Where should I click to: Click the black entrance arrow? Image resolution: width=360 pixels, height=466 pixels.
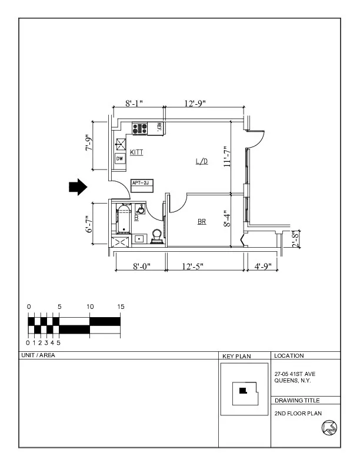[78, 187]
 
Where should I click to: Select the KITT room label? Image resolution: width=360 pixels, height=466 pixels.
[136, 152]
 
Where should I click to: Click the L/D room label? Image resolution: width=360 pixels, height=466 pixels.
[201, 161]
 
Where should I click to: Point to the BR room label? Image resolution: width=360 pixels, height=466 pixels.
[202, 222]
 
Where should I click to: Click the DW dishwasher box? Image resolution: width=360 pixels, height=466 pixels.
[119, 159]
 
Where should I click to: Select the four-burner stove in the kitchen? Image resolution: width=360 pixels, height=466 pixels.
[140, 128]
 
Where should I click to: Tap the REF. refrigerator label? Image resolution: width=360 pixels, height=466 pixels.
[158, 127]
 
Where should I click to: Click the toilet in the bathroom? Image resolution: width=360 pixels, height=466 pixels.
[157, 235]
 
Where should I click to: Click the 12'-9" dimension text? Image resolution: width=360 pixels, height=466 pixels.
[195, 104]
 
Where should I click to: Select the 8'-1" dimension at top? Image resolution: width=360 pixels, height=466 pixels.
[134, 104]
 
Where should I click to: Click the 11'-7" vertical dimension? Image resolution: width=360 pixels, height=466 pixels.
[227, 157]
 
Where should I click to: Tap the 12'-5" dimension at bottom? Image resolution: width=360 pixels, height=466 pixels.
[193, 267]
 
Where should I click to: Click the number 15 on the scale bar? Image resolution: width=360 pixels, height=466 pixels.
[121, 307]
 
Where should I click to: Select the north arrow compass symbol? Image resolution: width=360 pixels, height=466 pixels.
[329, 428]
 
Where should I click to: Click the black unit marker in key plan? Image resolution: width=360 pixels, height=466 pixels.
[242, 390]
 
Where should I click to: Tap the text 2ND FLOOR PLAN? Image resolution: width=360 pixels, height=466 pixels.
[298, 413]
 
